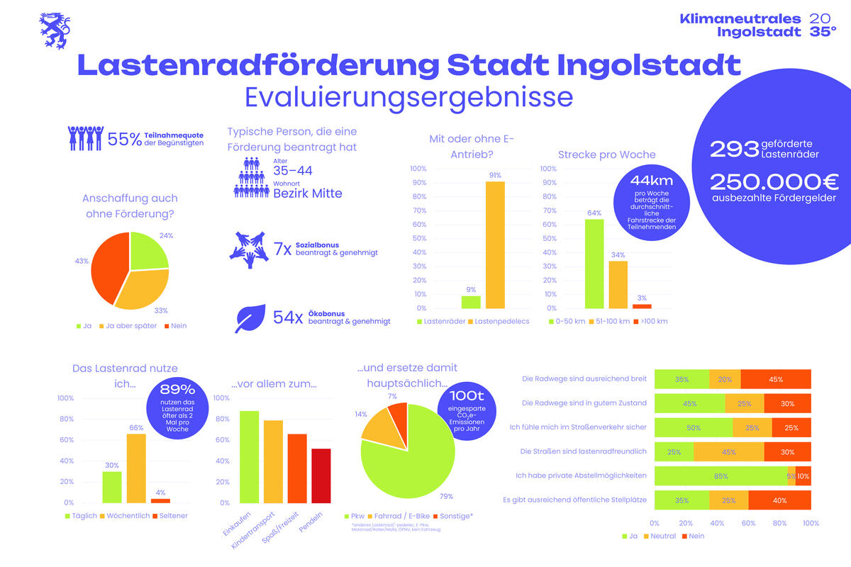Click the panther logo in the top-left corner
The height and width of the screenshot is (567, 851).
point(54,30)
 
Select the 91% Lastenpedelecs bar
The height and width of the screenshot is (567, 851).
point(495,245)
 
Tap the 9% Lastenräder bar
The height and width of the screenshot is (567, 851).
point(471,302)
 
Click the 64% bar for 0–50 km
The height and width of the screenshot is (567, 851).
point(594,264)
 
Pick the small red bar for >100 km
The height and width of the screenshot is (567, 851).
point(642,306)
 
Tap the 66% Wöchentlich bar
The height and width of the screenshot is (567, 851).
point(136,468)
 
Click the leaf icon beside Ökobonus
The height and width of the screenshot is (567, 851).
point(250,319)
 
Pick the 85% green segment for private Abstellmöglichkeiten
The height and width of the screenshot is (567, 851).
point(720,476)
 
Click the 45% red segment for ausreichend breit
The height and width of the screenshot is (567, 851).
point(775,379)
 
